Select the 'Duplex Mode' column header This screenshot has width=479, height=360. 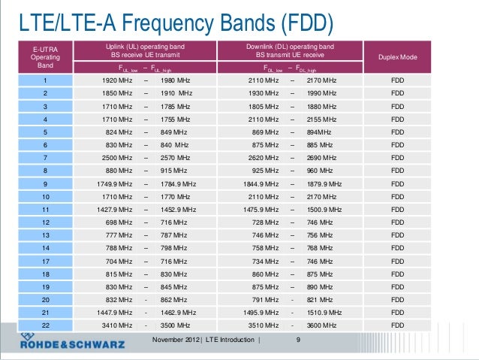[x=398, y=57]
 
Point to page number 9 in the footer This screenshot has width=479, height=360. [x=298, y=340]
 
